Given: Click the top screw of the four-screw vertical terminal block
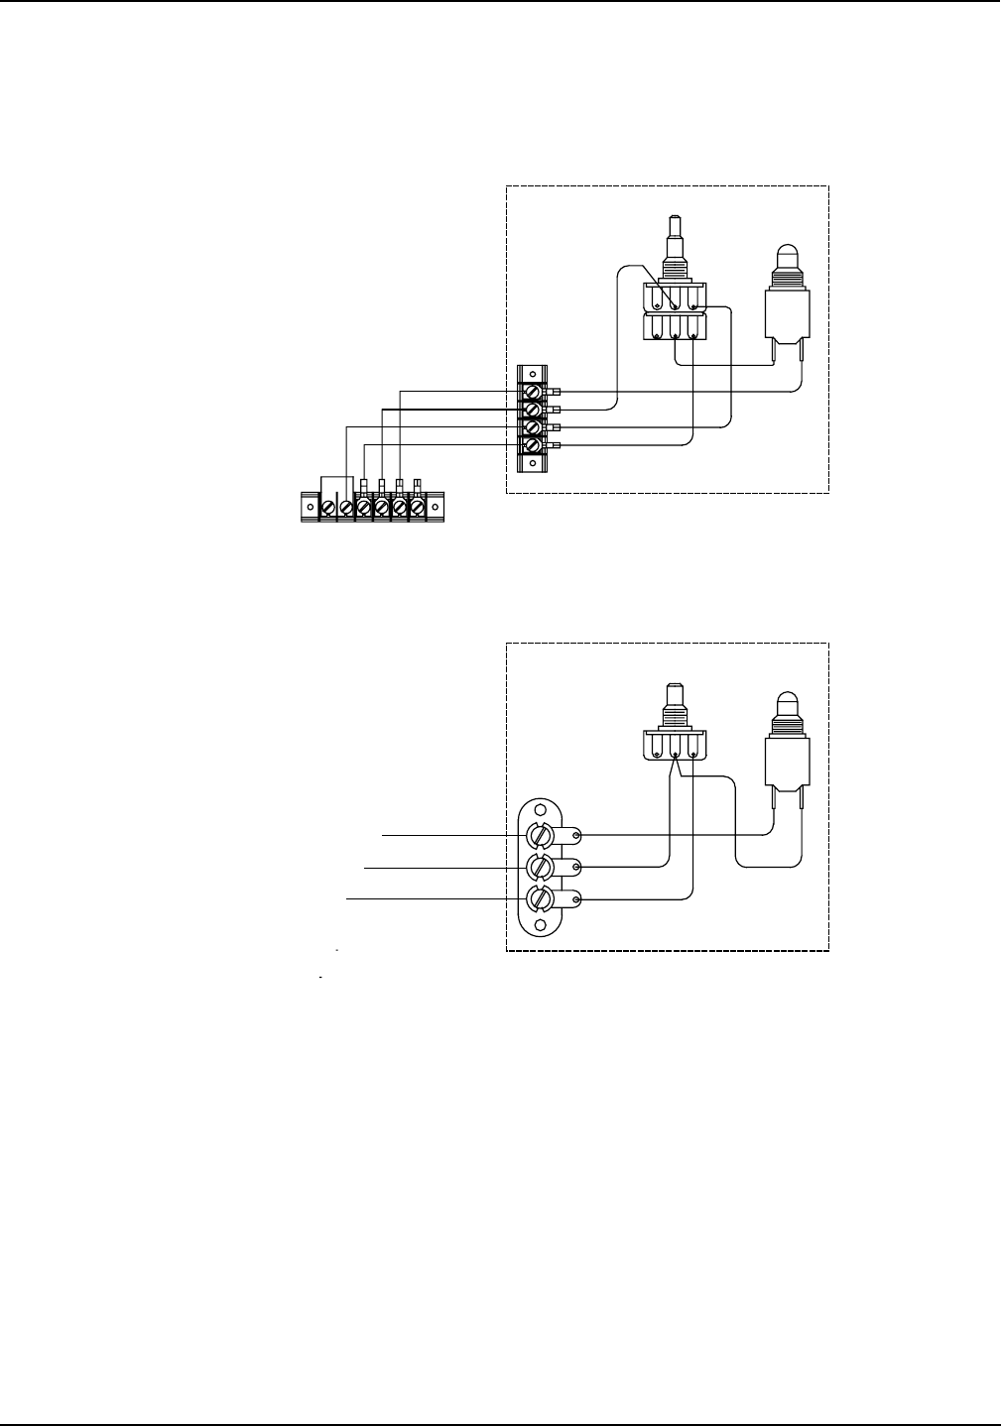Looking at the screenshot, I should [533, 393].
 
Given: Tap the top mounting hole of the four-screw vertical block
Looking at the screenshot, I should [533, 374].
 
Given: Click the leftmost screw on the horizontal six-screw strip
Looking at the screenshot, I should [327, 507].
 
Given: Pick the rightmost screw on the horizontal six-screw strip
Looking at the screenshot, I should [418, 507].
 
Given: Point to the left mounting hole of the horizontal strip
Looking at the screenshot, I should [310, 507].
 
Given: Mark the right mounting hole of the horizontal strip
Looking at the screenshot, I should [435, 507].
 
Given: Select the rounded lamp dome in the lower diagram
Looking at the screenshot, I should [787, 702].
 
